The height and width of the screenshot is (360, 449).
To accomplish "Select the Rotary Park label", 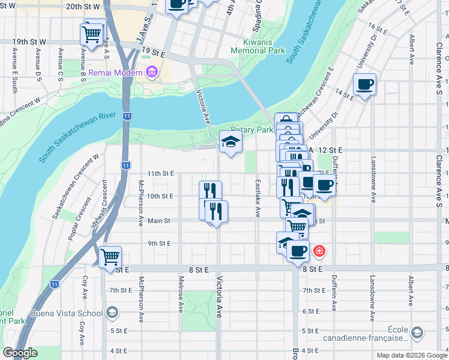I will tap(252, 130).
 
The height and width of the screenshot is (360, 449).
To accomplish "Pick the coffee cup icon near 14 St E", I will tap(364, 84).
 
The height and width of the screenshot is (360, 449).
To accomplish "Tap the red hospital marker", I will tap(319, 250).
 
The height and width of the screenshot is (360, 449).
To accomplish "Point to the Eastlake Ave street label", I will tap(258, 197).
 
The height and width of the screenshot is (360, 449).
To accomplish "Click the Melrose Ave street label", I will tap(180, 295).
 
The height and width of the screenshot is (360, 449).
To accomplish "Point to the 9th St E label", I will tap(160, 243).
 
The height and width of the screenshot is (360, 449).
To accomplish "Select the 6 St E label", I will tap(310, 311).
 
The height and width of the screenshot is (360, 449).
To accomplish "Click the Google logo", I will tap(20, 353).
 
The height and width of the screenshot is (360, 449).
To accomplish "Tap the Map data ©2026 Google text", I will tap(411, 355).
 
